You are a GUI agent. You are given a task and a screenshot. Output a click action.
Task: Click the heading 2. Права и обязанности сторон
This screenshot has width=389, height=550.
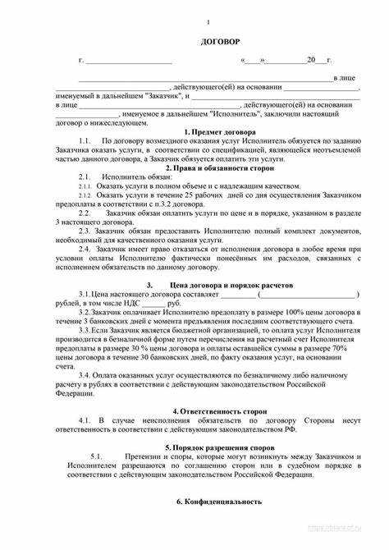click(x=217, y=167)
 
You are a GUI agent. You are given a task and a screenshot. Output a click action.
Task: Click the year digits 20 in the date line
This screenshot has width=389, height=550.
click(x=311, y=61)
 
